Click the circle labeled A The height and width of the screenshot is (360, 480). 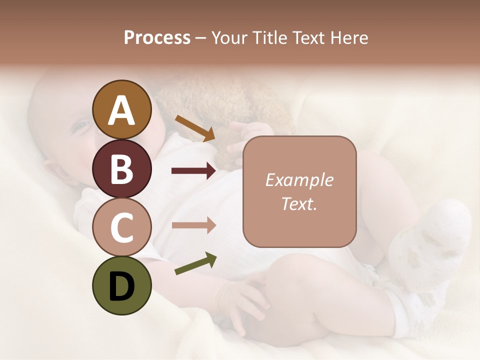click(121, 109)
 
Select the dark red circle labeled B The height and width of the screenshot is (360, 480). click(121, 168)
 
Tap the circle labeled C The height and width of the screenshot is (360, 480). click(121, 227)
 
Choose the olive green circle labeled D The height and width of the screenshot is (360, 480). click(121, 285)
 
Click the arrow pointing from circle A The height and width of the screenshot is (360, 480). click(195, 128)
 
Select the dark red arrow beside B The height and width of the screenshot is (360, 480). click(193, 171)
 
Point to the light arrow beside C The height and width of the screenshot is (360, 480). click(193, 225)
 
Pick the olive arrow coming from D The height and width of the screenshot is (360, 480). click(195, 263)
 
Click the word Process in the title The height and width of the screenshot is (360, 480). click(157, 37)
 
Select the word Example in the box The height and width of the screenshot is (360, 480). click(299, 180)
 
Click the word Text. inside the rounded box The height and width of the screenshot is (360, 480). click(299, 203)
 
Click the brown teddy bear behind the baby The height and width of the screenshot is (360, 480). click(220, 105)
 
